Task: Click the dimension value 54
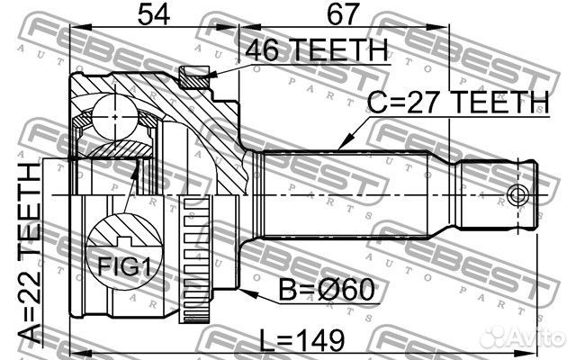pos(154,14)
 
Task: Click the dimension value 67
pos(342,14)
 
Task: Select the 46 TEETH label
pos(316,49)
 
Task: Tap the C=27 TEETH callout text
pos(458,102)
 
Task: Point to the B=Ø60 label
pos(327,290)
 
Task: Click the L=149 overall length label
pos(302,340)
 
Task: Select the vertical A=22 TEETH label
pos(30,253)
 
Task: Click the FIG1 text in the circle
pos(124,266)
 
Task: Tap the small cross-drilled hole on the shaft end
pos(518,194)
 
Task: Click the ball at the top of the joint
pos(115,117)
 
